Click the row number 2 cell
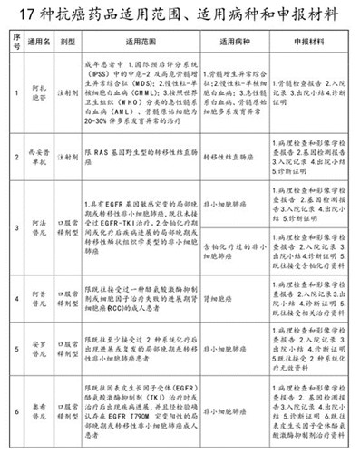point(15,181)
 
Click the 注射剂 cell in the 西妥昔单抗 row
point(69,181)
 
